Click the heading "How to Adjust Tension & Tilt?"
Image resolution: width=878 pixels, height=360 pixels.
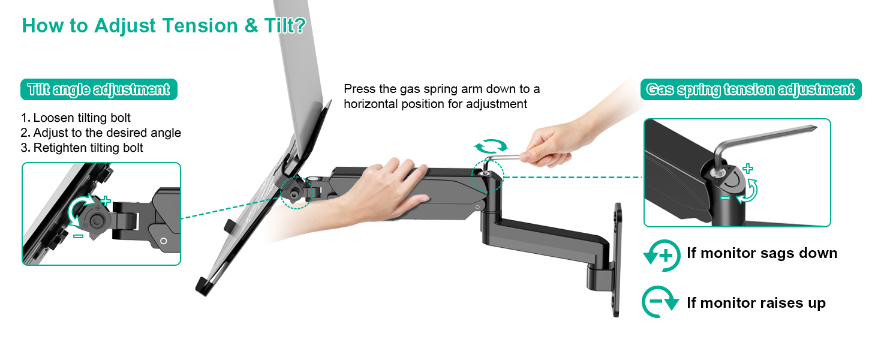click(163, 26)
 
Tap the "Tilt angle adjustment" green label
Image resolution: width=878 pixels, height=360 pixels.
click(99, 89)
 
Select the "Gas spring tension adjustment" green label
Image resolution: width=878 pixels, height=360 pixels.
click(750, 89)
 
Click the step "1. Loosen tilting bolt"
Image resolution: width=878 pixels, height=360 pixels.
click(76, 118)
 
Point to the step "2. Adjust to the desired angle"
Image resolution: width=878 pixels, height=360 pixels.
click(101, 133)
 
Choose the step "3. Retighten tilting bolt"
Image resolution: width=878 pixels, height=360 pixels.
click(82, 148)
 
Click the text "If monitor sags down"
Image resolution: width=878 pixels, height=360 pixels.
click(762, 253)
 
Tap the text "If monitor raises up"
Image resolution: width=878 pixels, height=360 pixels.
click(756, 303)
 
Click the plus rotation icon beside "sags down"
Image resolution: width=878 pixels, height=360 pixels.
click(661, 255)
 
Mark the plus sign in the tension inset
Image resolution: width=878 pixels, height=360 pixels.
click(747, 169)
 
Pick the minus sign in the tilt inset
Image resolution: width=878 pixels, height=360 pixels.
click(78, 236)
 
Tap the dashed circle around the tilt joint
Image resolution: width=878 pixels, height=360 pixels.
click(296, 192)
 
